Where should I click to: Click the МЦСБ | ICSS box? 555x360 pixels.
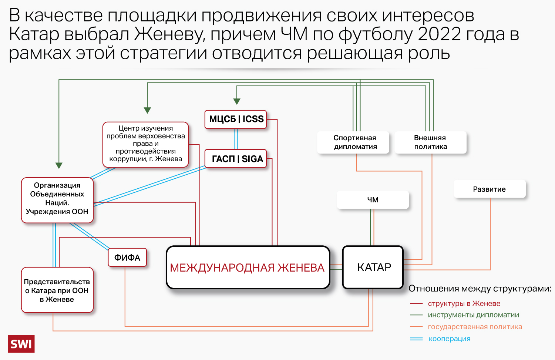coord(236,119)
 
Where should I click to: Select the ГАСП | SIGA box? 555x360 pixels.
coord(236,159)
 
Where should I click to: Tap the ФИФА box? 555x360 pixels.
coord(127,258)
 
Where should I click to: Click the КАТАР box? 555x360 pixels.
coord(373,267)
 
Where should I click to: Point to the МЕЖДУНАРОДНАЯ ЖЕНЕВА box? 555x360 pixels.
coord(248,268)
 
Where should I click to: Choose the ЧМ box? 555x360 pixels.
coord(373,200)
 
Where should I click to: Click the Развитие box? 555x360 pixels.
coord(489,189)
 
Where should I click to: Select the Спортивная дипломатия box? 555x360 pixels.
coord(354,142)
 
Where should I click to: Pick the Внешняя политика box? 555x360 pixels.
coord(430,142)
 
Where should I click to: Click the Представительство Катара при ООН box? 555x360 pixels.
coord(57,290)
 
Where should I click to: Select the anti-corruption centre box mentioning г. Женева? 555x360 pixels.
coord(145,144)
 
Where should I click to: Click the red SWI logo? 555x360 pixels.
coord(21,344)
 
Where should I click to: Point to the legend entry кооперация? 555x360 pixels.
coord(449,339)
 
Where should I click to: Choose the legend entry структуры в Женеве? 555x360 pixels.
coord(464,304)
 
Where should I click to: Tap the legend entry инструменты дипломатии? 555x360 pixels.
coord(473,315)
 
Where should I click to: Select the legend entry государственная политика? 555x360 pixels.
coord(475,327)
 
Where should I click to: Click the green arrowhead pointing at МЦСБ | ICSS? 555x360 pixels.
coord(237,101)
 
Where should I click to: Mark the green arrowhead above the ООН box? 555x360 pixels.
coord(59,165)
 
